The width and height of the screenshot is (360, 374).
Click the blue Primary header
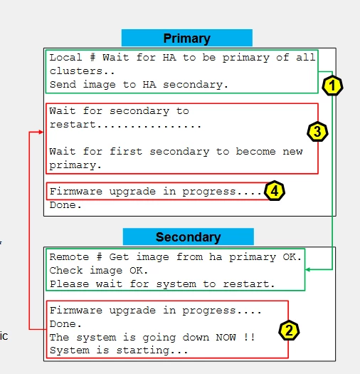coord(187,38)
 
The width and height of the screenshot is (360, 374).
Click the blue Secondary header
coord(189,237)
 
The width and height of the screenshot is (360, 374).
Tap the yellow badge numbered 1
coord(332,86)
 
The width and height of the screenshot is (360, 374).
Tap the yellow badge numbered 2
coord(289,331)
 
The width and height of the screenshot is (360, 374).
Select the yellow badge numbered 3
coord(317,132)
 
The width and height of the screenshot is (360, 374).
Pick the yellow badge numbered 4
coord(275,191)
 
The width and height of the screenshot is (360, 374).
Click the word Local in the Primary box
coord(65,58)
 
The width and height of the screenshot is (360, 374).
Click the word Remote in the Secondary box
coord(69,257)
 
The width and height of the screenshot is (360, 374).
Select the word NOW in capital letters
coord(226,337)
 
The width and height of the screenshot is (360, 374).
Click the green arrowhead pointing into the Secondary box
coord(307,269)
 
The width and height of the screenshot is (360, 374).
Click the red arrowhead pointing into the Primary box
coord(41,132)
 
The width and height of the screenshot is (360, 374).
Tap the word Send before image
coord(63,85)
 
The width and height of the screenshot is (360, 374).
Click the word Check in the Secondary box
coord(66,271)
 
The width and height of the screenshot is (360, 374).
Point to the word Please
coord(69,284)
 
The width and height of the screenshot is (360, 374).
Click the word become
coord(256,152)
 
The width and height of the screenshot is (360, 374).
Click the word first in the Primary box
coord(126,152)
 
